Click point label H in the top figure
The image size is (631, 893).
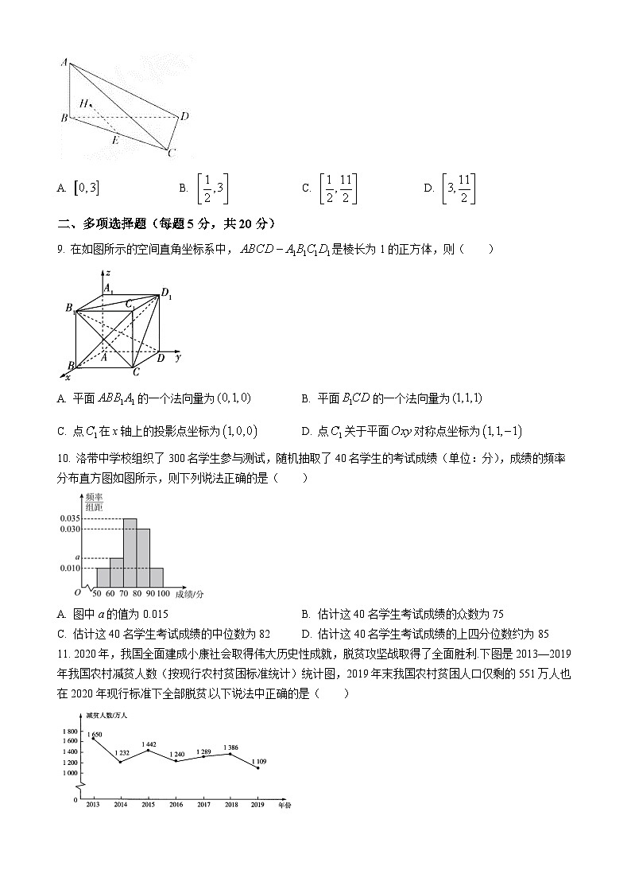click(x=83, y=103)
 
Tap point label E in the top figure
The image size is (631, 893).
click(x=115, y=140)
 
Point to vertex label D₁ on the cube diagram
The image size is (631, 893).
click(x=166, y=295)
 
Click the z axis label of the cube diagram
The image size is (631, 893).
click(x=107, y=273)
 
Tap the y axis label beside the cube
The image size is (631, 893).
click(x=178, y=358)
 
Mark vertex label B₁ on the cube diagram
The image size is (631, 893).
click(x=71, y=308)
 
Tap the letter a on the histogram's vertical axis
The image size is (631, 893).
click(x=76, y=557)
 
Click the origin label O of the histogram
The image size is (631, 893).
click(x=77, y=592)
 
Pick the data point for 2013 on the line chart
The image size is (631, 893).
click(x=93, y=739)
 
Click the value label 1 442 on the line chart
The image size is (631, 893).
click(x=148, y=744)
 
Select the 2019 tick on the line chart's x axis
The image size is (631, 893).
click(x=257, y=805)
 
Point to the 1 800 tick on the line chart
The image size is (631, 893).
click(x=69, y=731)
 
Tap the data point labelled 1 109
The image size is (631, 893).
click(x=257, y=767)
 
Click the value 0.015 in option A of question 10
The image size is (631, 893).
click(x=153, y=614)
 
